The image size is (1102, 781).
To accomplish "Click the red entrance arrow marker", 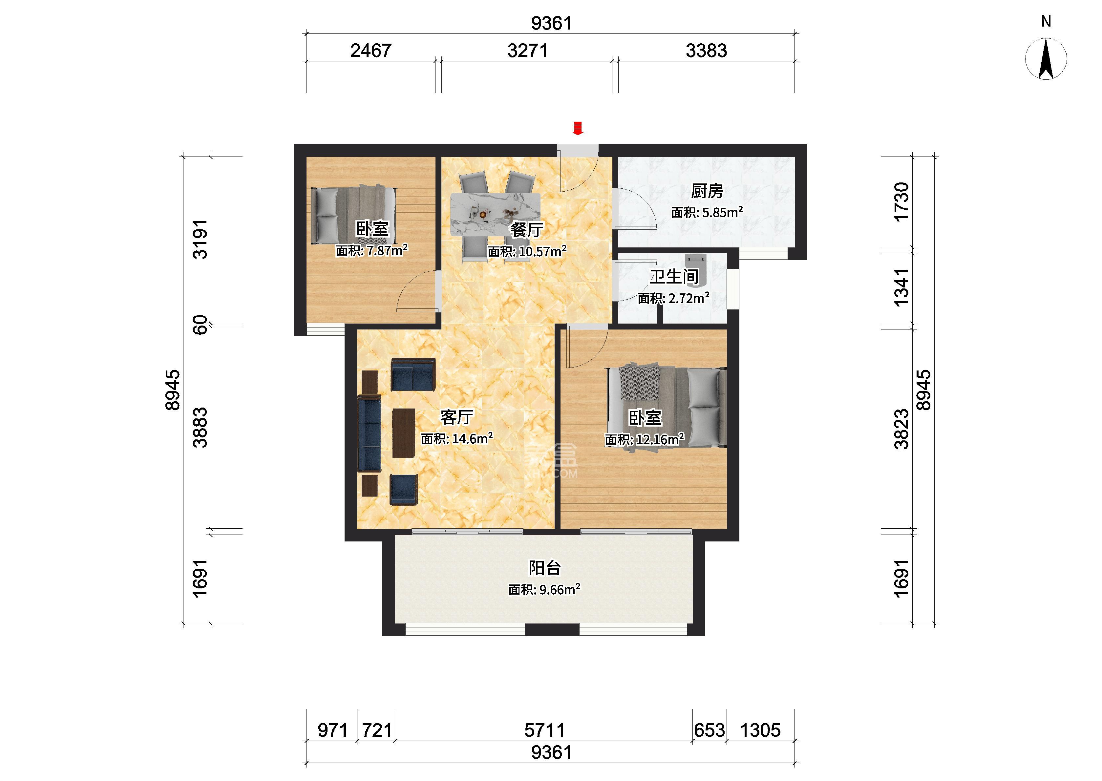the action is pos(578,128).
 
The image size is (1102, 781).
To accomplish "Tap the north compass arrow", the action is pos(1046,59).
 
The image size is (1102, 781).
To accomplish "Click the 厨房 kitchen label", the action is pos(707,191).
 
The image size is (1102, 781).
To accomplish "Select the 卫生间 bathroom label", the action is pos(674,277).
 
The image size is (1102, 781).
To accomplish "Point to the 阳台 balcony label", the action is pos(545,568).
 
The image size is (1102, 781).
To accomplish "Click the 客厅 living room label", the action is pos(457,417).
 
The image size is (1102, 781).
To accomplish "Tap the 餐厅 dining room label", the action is pos(527,230).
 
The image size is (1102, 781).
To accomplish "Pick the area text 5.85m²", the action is pos(723,212).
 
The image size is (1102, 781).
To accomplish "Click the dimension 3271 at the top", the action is pos(527,51).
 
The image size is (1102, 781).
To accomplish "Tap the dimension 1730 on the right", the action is pos(901,202).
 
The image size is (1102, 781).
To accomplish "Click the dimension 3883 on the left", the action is pos(200,428).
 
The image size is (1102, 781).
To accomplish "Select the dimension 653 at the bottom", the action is pos(709,730).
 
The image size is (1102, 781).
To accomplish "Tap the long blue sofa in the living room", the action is pos(369,433).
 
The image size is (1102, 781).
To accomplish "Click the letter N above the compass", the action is pos(1046,21).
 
